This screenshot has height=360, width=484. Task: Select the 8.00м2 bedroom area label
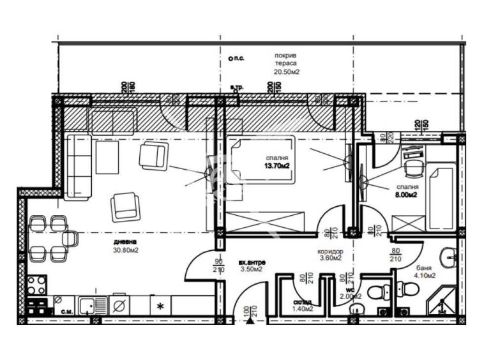point(405,195)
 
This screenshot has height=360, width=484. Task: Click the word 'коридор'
point(331,251)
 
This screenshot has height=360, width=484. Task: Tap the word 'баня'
point(423,268)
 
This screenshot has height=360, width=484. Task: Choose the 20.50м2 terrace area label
point(287,72)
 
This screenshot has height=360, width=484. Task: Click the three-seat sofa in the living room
point(77,166)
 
